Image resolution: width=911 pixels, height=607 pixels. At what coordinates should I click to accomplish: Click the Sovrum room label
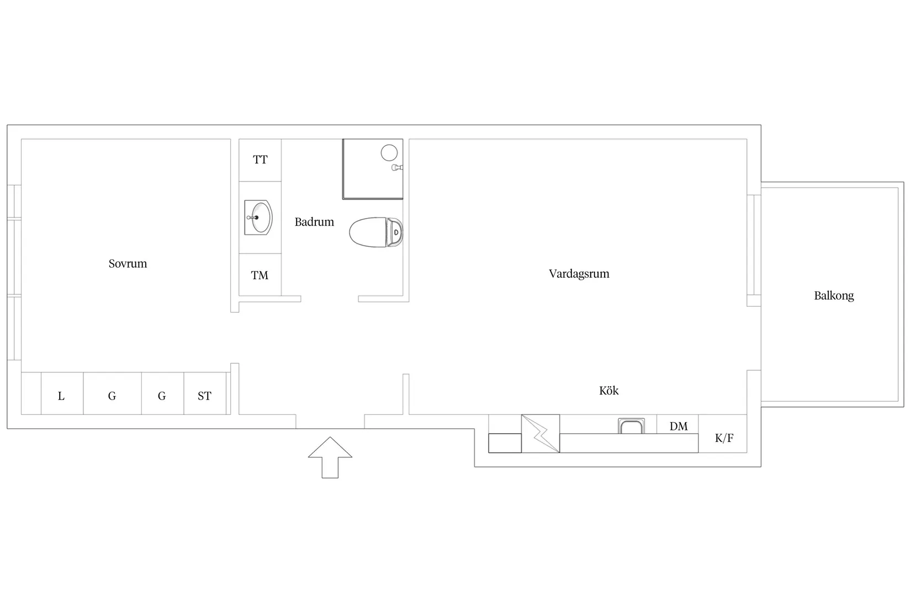(x=128, y=263)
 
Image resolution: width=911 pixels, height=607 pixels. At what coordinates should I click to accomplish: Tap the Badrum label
(x=314, y=222)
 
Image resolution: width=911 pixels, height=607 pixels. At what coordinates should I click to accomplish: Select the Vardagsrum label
(x=579, y=274)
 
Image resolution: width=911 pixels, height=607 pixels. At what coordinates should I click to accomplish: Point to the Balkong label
(x=834, y=296)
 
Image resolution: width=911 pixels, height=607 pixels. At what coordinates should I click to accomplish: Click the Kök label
(x=609, y=391)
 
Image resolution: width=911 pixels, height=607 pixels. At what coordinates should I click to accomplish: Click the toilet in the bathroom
(x=376, y=232)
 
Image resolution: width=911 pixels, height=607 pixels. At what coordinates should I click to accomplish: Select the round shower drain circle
(x=389, y=153)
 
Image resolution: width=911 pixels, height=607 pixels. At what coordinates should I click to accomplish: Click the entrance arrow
(x=330, y=457)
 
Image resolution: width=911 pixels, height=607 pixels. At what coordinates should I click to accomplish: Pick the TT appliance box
(x=260, y=160)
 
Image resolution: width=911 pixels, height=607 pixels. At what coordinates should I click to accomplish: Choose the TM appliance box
(x=260, y=275)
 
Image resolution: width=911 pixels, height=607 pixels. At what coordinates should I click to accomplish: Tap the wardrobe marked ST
(x=205, y=393)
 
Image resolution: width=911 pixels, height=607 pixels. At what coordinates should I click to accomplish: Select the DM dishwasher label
(x=679, y=426)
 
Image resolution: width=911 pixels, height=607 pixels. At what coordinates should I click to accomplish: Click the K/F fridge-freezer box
(x=723, y=434)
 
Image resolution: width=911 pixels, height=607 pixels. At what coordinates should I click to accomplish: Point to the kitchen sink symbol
(x=631, y=426)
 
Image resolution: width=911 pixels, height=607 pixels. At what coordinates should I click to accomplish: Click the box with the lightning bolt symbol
(x=541, y=434)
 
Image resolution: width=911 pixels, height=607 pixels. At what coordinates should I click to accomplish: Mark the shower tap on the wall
(x=397, y=167)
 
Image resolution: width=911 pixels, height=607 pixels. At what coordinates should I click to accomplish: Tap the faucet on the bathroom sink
(x=252, y=217)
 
